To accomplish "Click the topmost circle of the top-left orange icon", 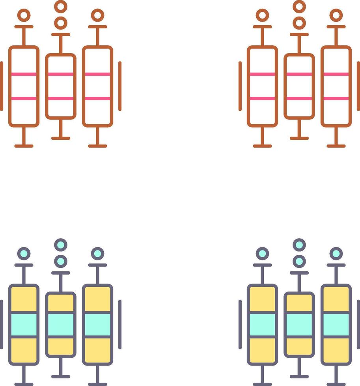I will point(61,6).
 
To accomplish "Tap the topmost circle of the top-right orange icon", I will point(299,6).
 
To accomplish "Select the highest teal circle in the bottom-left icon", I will point(61,245).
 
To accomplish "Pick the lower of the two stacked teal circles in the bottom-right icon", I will point(299,261).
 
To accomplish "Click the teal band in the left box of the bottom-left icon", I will point(24,325).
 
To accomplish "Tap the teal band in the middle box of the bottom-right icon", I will point(299,325).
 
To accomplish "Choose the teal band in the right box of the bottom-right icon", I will point(336,325).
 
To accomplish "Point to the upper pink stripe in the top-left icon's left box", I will point(24,74).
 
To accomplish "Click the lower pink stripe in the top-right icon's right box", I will point(336,98).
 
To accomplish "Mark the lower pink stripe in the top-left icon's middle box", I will point(61,98).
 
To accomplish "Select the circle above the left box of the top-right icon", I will point(262,15).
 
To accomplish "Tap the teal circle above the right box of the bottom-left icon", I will point(97,254).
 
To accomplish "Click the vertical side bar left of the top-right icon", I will point(240,86).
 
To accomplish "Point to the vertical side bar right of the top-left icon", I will point(120,86).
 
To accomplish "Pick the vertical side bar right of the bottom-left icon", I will point(120,324).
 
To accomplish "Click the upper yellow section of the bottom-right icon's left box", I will point(262,299).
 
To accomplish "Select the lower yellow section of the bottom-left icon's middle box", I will point(61,346).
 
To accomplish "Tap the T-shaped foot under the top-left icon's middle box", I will point(61,134).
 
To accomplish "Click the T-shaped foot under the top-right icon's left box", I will point(262,142).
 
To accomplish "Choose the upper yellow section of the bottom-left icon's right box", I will point(97,299).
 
